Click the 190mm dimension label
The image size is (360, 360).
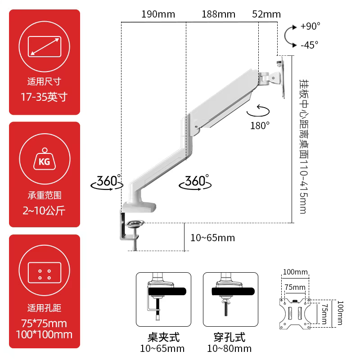pos(158,14)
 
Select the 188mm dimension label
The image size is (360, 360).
pos(218,14)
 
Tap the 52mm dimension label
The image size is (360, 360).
pos(266,14)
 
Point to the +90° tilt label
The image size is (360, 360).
pos(310,26)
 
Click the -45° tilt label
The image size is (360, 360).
pos(310,45)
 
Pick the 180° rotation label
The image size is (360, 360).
pos(260,126)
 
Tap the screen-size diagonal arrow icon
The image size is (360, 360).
pos(45,47)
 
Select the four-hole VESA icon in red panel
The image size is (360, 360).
pos(45,273)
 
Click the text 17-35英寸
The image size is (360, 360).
pos(44,97)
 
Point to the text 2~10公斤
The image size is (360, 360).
pos(44,210)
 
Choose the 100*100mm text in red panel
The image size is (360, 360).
pos(44,334)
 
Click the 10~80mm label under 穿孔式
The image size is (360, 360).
pos(229,348)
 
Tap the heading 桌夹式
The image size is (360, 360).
pos(163,337)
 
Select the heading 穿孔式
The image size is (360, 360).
pos(229,337)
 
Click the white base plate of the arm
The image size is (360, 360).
pos(139,207)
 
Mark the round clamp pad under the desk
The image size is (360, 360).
pos(135,223)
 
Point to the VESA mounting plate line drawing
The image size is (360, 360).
pos(295,314)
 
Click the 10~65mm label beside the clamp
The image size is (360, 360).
pos(212,238)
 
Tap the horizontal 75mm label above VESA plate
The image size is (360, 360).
pos(295,287)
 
